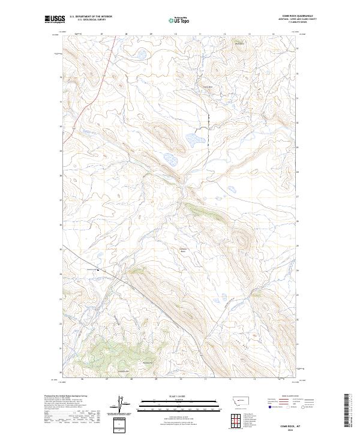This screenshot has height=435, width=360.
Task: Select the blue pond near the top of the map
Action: tap(142, 56)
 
